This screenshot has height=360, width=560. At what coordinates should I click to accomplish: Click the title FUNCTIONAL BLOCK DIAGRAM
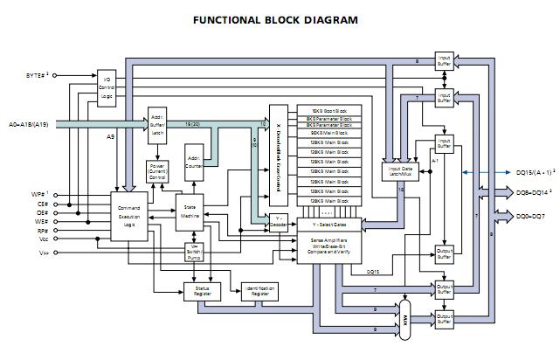(275, 19)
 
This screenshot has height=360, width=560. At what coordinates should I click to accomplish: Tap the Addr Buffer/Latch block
(157, 124)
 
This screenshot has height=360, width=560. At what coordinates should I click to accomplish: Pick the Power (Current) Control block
(157, 173)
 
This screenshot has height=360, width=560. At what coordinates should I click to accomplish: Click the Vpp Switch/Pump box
(197, 251)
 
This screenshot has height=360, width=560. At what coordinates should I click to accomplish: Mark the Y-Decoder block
(279, 220)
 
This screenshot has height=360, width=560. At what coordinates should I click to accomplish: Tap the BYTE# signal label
(35, 77)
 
